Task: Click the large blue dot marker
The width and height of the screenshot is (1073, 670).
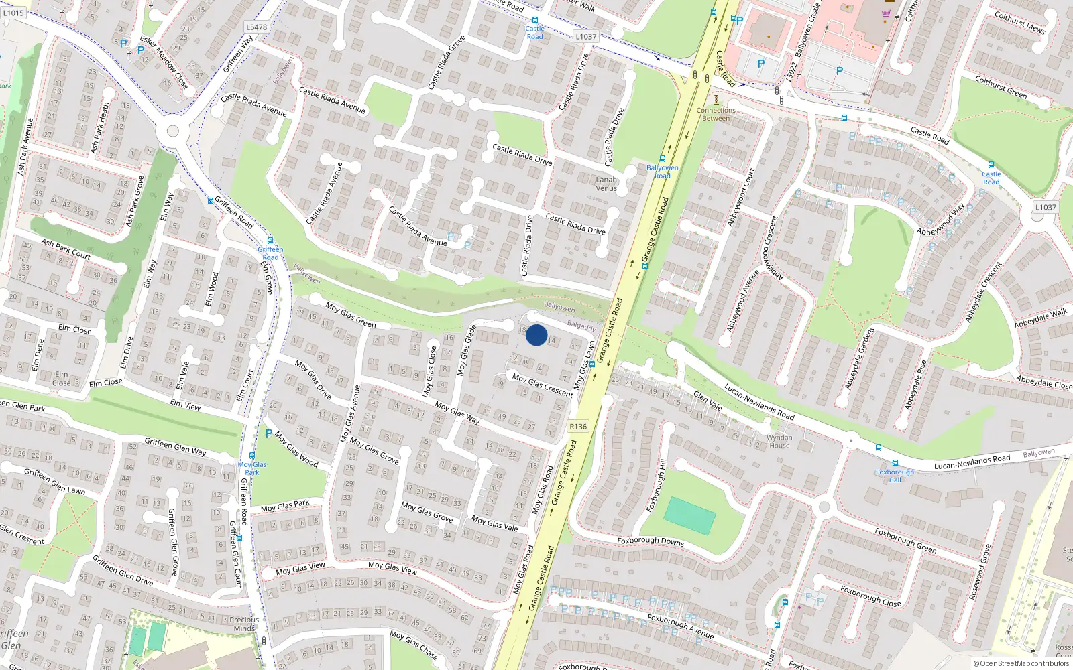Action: pos(536,335)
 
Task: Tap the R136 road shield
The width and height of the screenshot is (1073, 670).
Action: pos(578,426)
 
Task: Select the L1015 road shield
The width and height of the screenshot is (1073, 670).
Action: pos(13,13)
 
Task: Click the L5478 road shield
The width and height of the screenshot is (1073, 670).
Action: pos(256,27)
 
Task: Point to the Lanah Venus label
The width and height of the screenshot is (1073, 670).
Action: pos(606,184)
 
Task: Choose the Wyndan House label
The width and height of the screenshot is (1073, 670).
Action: pos(779,441)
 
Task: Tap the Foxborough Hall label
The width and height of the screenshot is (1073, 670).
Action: pos(895,476)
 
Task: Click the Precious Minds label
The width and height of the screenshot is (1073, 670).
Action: pos(244,624)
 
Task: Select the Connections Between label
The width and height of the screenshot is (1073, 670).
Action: pos(716,114)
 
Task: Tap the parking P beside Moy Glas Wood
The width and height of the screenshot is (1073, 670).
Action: pos(269,433)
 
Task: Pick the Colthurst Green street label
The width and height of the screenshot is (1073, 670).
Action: pos(1001,88)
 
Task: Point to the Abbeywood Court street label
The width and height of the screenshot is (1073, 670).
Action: pos(741,197)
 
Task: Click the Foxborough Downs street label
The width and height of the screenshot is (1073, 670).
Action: pos(650,541)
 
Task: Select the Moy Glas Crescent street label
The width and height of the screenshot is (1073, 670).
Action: pos(543,385)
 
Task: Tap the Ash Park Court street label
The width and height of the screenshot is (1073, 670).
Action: pos(66,249)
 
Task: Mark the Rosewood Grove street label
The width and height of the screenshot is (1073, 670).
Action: pos(979,572)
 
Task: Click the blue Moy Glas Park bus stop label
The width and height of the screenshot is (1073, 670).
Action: pos(252,468)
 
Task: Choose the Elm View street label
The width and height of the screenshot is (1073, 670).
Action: pos(185,404)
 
